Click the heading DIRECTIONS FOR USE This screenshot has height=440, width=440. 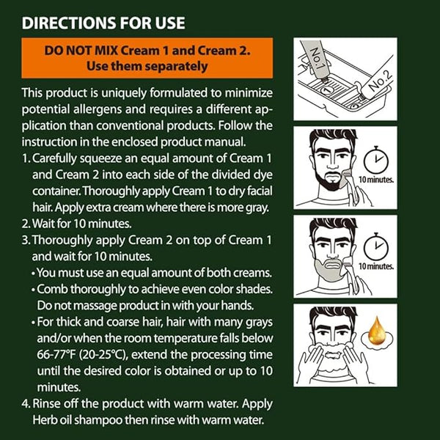[103, 23]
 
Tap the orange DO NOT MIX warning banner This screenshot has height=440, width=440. [147, 58]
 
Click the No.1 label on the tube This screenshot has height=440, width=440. [316, 59]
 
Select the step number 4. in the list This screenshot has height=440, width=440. [26, 404]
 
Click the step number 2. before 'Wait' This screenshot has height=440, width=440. [26, 224]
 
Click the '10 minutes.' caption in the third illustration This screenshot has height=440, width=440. [376, 266]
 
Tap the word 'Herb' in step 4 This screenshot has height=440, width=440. [44, 420]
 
